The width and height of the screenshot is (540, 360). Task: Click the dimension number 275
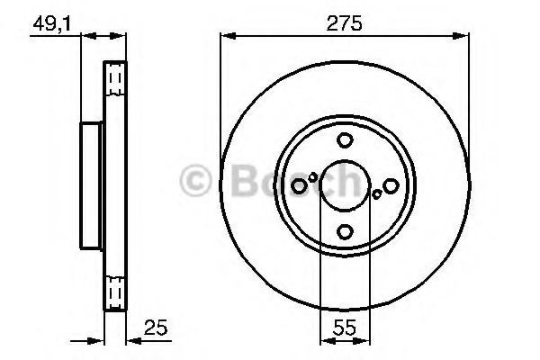[x=346, y=24]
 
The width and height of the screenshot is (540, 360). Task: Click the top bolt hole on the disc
[x=345, y=140]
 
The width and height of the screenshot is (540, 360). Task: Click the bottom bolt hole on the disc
[x=345, y=232]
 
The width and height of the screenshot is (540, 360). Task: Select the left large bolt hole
[x=299, y=185]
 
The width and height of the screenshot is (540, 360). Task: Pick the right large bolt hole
[x=391, y=185]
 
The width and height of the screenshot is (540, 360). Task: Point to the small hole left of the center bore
[x=313, y=177]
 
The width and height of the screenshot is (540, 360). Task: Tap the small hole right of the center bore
[x=377, y=193]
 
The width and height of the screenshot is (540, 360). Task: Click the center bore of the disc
[x=345, y=185]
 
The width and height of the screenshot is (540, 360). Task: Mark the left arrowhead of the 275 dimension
[x=225, y=37]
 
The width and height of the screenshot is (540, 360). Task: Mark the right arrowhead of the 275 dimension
[x=465, y=37]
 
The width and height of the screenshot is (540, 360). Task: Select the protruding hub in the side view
[x=93, y=184]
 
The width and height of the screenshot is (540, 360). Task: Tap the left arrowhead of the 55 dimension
[x=326, y=339]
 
